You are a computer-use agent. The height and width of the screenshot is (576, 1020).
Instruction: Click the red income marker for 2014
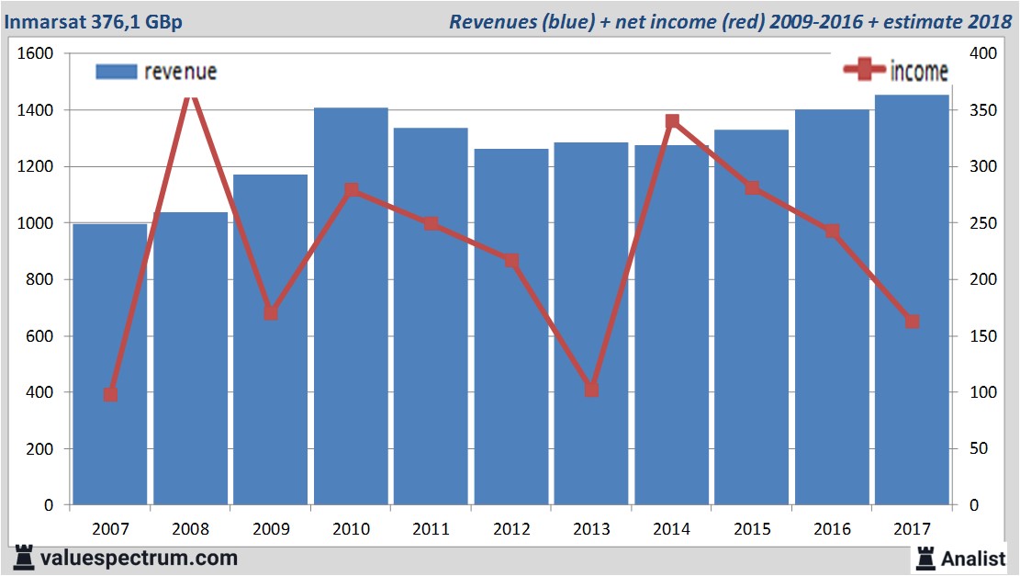point(672,121)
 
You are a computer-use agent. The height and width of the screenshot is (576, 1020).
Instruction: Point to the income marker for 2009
point(271,313)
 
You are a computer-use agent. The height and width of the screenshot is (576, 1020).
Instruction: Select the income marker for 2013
point(591,390)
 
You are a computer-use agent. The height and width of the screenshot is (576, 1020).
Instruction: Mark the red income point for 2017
point(912,322)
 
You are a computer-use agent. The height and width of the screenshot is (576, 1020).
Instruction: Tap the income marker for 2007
point(110,395)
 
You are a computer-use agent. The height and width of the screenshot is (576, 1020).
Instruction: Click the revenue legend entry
point(157,72)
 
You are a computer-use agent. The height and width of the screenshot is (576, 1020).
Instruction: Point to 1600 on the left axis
point(36,53)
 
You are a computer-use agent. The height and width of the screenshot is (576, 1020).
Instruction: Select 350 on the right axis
point(982,110)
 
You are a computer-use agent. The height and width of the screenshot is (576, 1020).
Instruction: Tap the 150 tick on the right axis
point(982,336)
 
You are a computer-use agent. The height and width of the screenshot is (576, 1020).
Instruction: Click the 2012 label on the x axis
point(511,529)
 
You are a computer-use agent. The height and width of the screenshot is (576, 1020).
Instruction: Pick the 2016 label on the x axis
point(832,529)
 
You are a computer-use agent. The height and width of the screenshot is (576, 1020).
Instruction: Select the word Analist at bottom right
point(973,558)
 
